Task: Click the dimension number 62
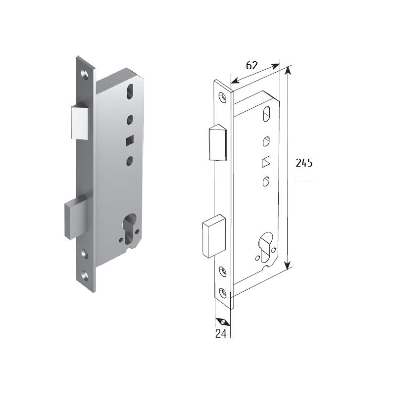click(x=251, y=65)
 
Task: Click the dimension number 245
click(x=304, y=163)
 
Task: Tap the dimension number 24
click(x=221, y=333)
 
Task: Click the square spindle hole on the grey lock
click(x=130, y=140)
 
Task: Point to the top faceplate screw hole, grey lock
click(x=85, y=74)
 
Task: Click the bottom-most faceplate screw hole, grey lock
click(x=85, y=276)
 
